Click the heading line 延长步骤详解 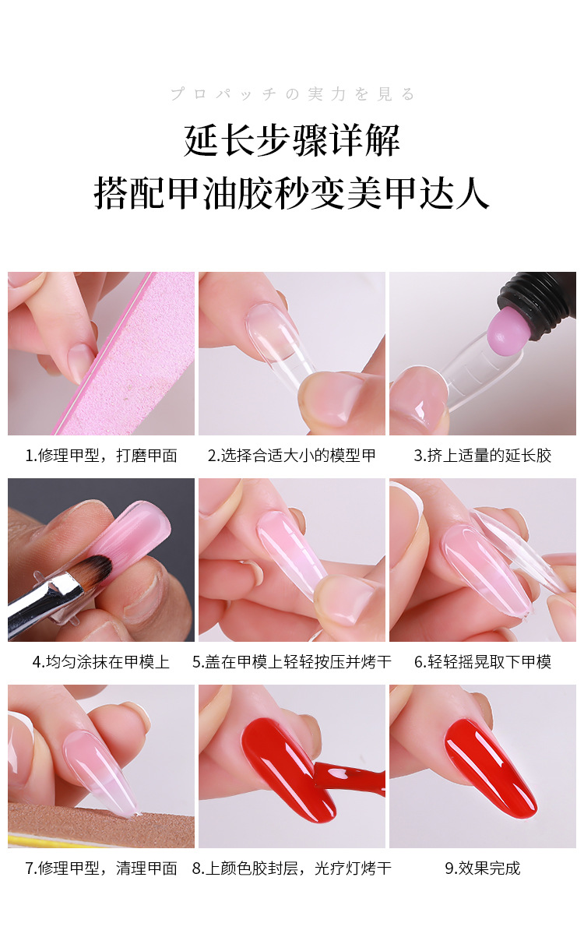pos(292,141)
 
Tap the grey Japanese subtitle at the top pos(293,94)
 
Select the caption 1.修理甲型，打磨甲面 pos(101,456)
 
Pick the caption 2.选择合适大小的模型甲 pos(291,456)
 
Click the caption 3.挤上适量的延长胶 pos(482,456)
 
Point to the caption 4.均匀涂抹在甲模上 pos(101,662)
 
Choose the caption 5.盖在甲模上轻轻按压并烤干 pos(291,662)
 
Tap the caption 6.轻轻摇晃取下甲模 pos(482,662)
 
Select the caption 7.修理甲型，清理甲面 pos(101,868)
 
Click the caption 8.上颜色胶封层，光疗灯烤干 pos(291,868)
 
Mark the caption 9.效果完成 pos(482,868)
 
